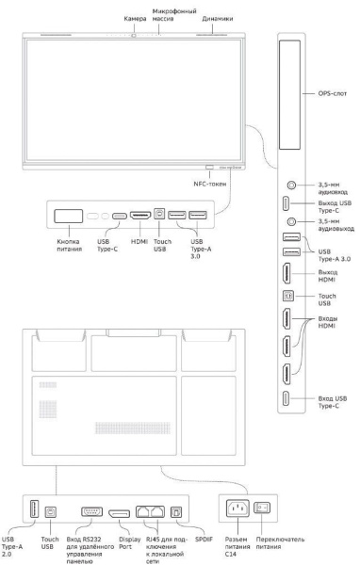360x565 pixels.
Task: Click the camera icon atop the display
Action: (x=134, y=36)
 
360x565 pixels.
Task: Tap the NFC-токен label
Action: (x=210, y=184)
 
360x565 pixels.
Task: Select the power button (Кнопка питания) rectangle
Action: (x=69, y=217)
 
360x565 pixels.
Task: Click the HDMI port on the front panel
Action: (x=140, y=216)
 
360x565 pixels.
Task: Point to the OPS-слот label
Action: (x=333, y=93)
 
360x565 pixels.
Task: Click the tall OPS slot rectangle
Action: (x=289, y=95)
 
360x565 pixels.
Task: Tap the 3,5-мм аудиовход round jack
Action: (x=291, y=186)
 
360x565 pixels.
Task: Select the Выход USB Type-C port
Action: (x=286, y=203)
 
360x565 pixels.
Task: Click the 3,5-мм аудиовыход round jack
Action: (x=291, y=221)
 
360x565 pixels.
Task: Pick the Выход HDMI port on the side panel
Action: (x=286, y=273)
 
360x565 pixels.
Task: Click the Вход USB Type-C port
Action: (x=286, y=398)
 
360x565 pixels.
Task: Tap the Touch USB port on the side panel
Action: (x=288, y=296)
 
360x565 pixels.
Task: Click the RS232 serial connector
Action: (x=92, y=511)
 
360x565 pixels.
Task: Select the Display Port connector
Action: (x=120, y=513)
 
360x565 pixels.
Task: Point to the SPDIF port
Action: (x=176, y=512)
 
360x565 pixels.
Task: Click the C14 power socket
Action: (x=237, y=508)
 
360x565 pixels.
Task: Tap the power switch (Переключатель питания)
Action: (x=262, y=508)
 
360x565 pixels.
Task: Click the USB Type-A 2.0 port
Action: (x=34, y=509)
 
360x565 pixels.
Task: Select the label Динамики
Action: (x=217, y=19)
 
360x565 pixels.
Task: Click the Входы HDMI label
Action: (x=328, y=322)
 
